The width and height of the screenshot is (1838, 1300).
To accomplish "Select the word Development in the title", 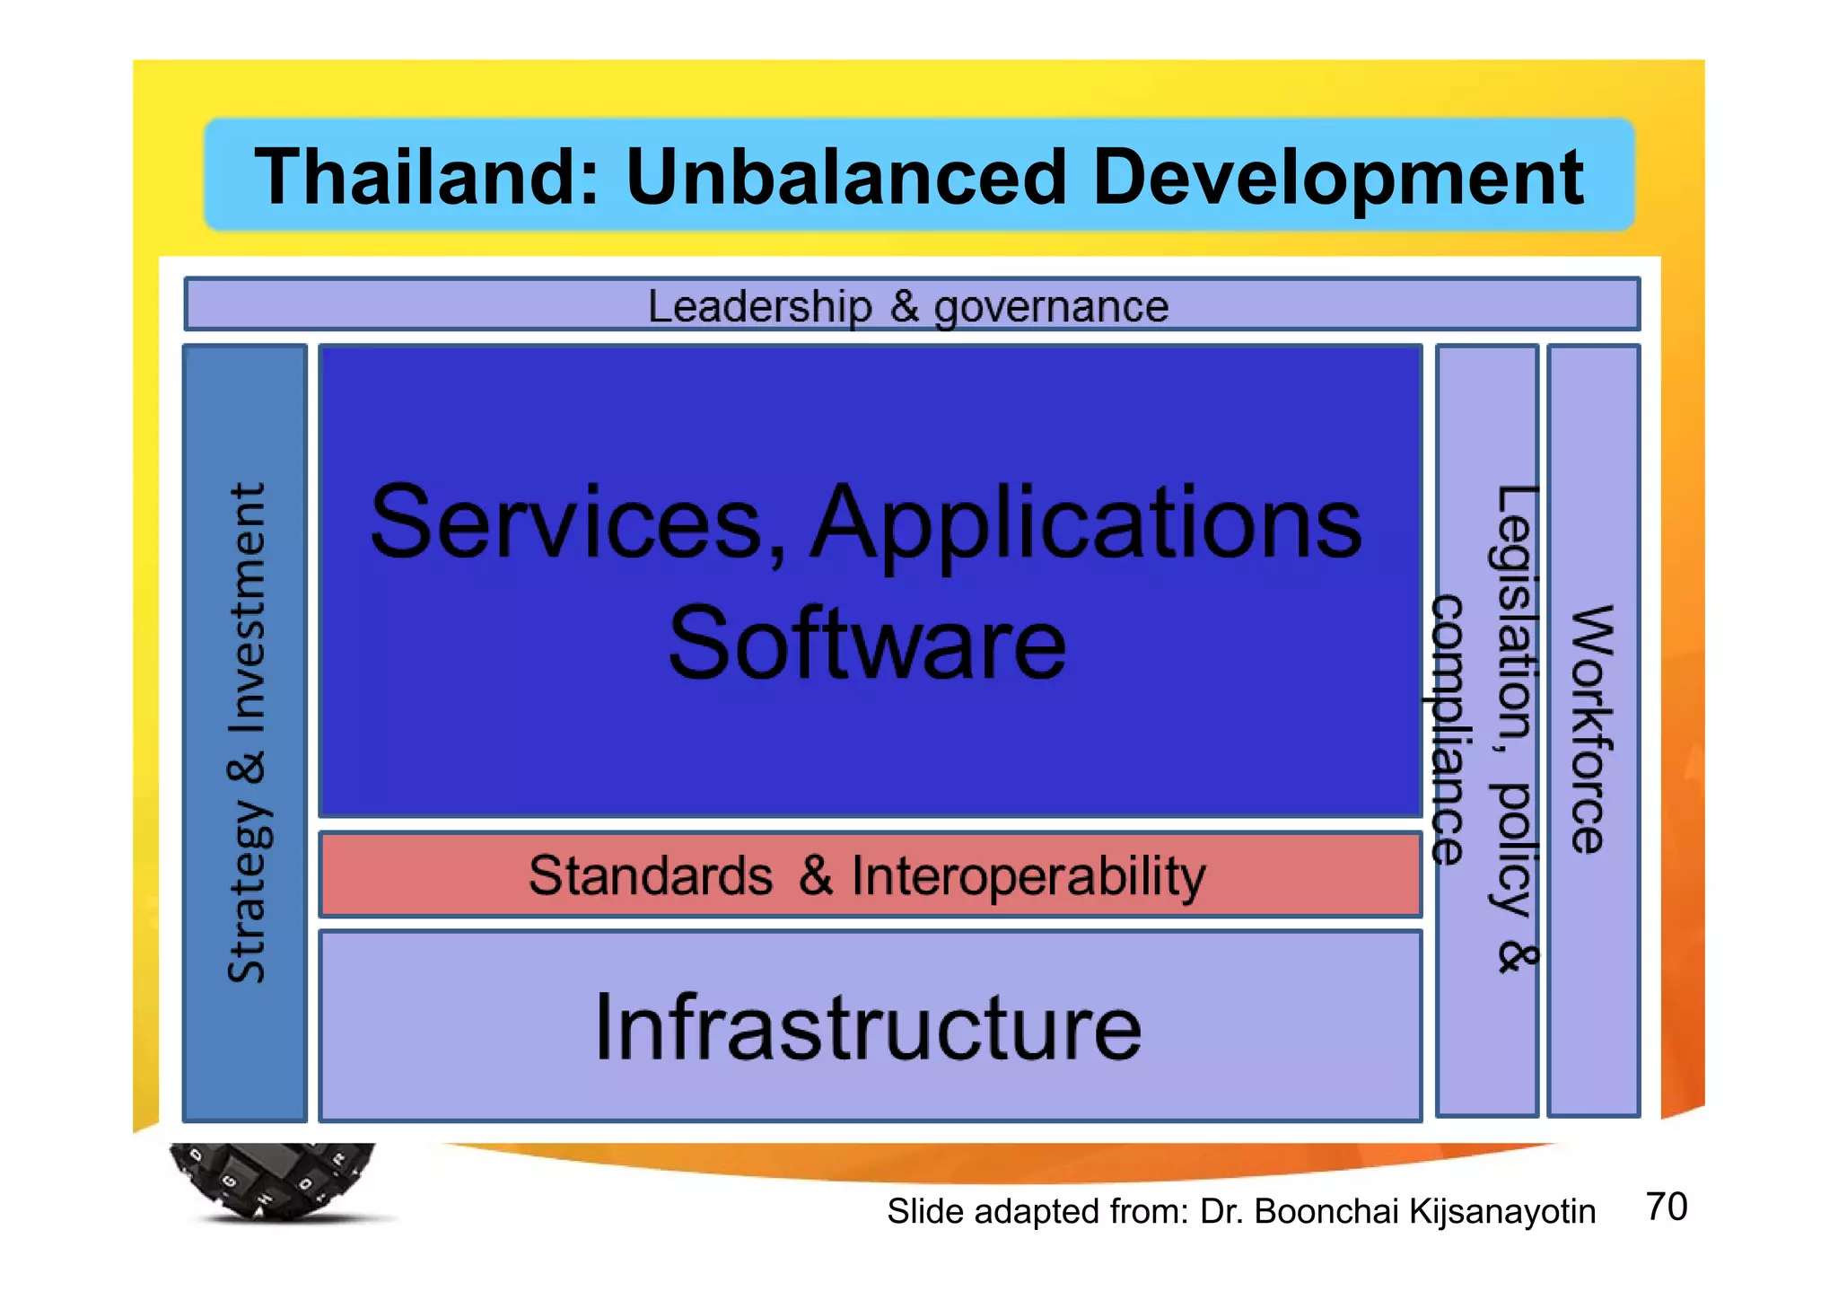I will (x=1337, y=178).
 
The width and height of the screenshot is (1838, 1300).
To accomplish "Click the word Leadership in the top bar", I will (x=759, y=307).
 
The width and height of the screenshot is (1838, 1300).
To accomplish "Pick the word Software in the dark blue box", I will (x=867, y=643).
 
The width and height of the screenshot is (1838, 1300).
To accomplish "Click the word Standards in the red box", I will (x=650, y=875).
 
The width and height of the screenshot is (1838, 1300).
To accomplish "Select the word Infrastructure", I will (x=868, y=1027).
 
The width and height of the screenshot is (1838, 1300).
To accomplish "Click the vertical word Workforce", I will (x=1591, y=728).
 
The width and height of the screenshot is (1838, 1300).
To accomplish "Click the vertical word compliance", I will (x=1448, y=728).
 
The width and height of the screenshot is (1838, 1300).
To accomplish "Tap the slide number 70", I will (x=1667, y=1207).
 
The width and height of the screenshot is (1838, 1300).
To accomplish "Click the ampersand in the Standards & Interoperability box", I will (x=816, y=875).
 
